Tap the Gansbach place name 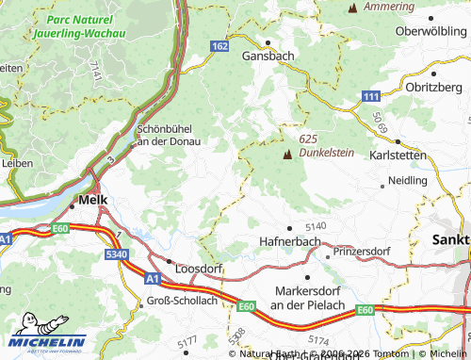tap(269, 56)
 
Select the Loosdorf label tap(198, 266)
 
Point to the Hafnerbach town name tap(290, 242)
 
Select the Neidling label tap(407, 179)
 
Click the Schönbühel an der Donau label tap(177, 135)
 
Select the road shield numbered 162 tap(219, 46)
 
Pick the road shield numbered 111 tap(371, 98)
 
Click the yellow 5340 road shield tap(117, 255)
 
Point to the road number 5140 tap(315, 226)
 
